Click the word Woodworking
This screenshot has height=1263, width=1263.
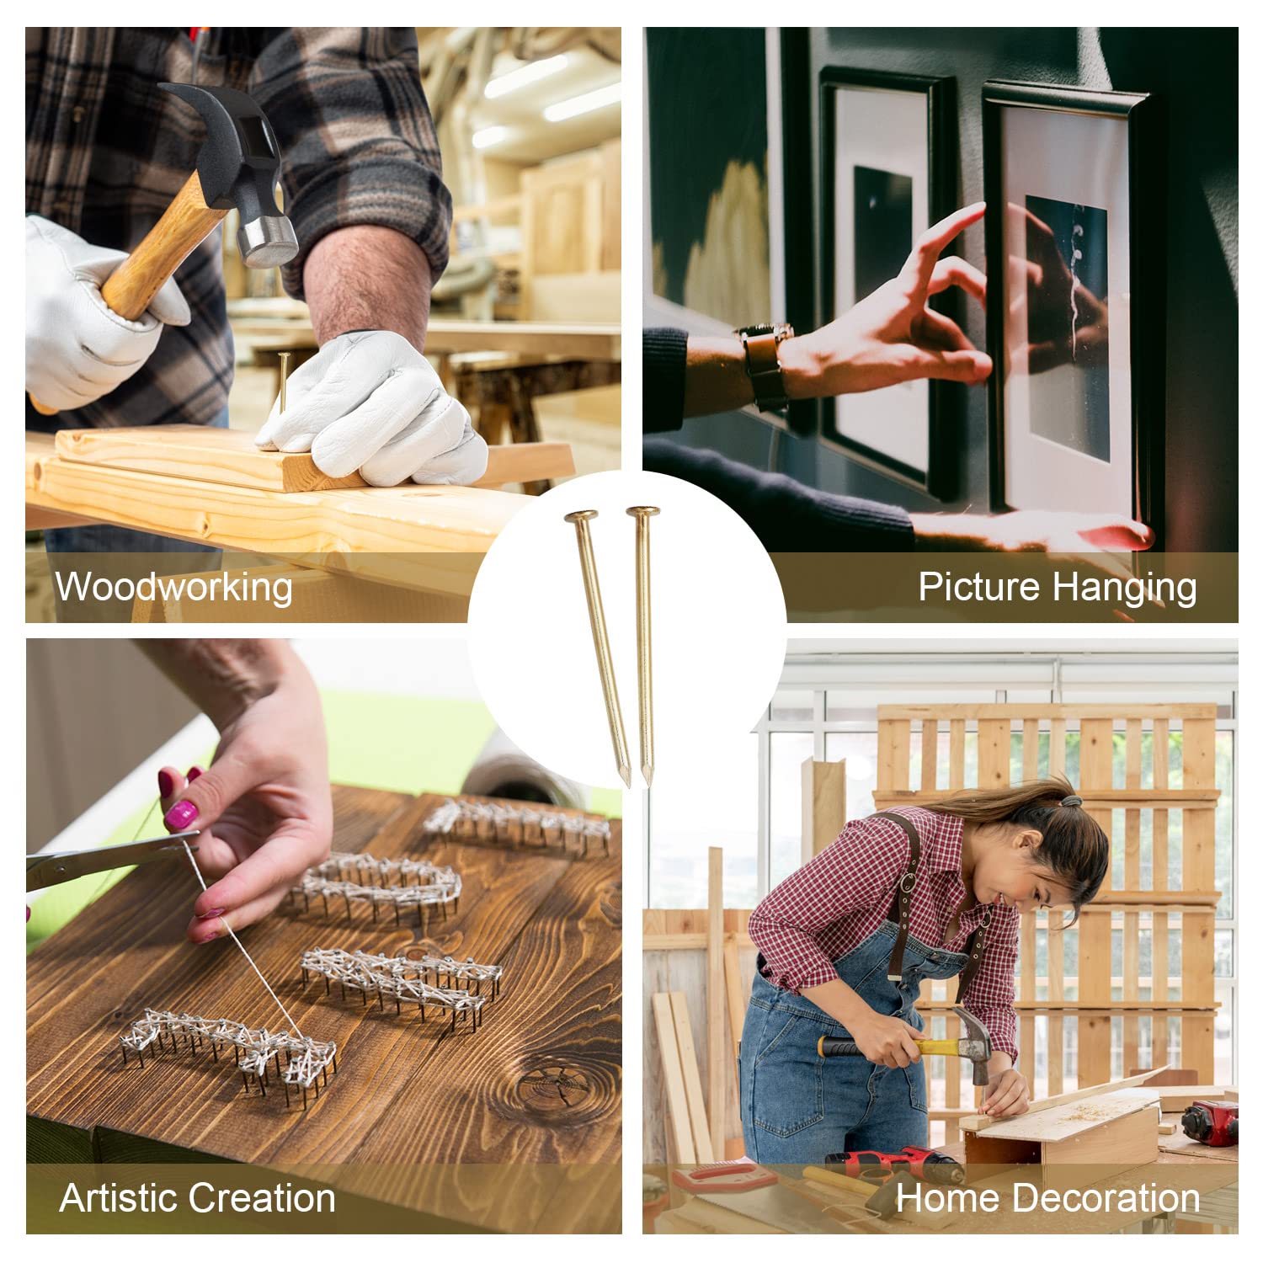click(174, 586)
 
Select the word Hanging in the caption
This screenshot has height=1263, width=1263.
click(1120, 588)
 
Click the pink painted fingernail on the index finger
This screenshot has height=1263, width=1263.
click(180, 814)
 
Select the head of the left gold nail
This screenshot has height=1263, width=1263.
click(581, 515)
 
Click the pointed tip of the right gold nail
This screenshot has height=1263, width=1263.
click(646, 783)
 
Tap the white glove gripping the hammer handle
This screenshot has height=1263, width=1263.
click(93, 312)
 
